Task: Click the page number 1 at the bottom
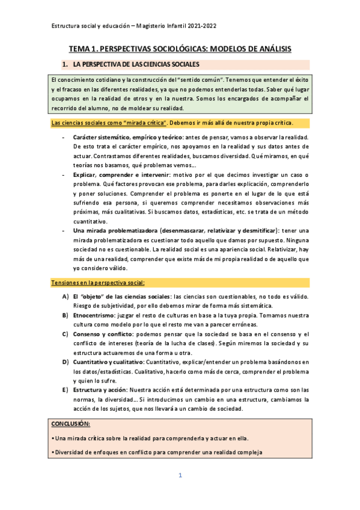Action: click(180, 476)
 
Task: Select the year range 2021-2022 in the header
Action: click(200, 26)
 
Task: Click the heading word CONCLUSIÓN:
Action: click(71, 424)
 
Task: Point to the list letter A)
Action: click(65, 296)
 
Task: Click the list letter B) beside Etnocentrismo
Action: click(65, 315)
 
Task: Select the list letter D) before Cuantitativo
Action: click(65, 361)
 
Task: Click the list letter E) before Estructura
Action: click(65, 390)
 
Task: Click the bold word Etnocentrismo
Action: click(93, 315)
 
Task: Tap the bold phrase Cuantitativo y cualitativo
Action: click(108, 361)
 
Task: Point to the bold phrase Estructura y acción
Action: click(99, 390)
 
